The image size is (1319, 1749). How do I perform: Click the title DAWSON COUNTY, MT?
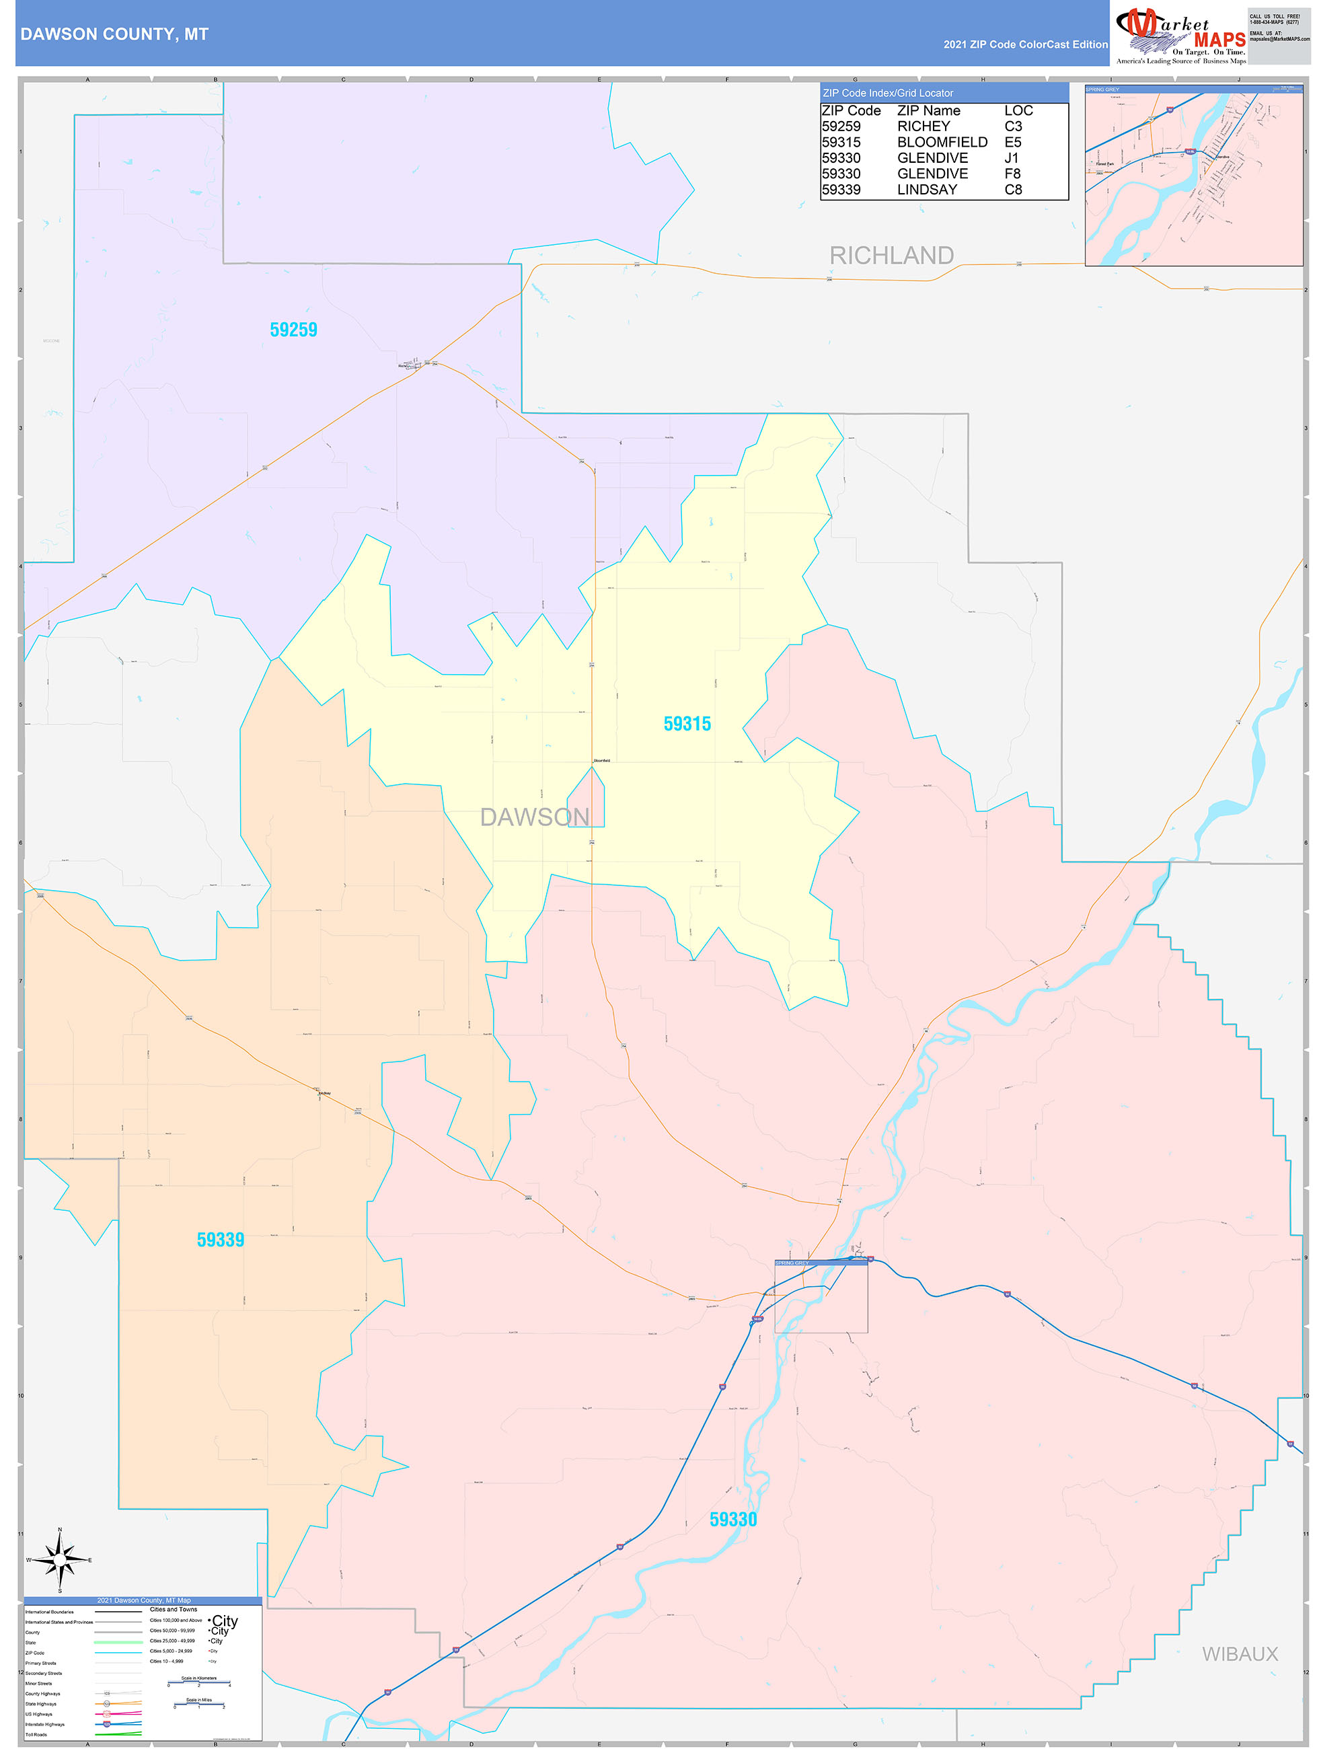click(114, 34)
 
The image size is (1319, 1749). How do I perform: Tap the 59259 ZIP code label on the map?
click(293, 330)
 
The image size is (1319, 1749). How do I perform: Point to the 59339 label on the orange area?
click(221, 1239)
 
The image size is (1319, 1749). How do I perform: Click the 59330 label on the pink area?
click(733, 1519)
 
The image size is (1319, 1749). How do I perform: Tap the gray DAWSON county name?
click(535, 817)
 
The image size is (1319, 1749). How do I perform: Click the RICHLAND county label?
click(891, 256)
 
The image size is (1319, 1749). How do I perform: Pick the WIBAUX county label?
click(1239, 1653)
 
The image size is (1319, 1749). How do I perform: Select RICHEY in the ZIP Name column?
click(923, 126)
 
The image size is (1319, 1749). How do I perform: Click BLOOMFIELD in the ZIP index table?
click(942, 143)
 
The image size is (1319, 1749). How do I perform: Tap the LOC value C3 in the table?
click(1013, 126)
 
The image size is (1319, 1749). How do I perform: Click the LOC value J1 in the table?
click(1012, 158)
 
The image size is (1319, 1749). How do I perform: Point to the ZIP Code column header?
click(851, 111)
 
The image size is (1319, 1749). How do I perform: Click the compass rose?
click(60, 1559)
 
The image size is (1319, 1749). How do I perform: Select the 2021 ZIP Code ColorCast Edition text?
click(1025, 44)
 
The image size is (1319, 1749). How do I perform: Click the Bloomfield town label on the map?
click(601, 761)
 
